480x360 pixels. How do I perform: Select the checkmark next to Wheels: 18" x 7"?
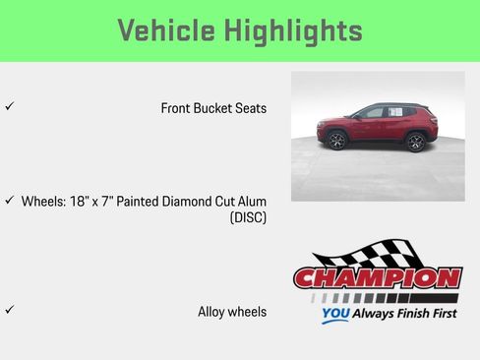tap(9, 200)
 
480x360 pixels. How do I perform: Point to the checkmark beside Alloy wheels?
tap(9, 310)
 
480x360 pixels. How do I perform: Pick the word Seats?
tap(250, 108)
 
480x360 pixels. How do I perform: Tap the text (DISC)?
tap(248, 217)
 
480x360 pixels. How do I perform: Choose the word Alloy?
tap(212, 312)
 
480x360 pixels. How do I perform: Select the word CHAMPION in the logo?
tap(378, 278)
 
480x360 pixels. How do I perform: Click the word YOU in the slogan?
tap(334, 316)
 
